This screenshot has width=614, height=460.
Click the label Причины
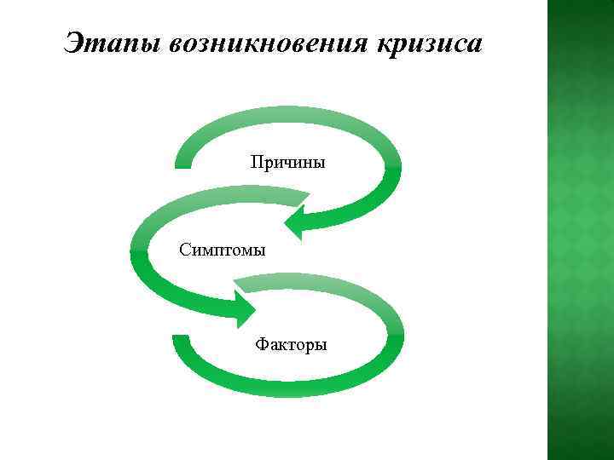[287, 161]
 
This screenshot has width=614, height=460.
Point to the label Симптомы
[223, 250]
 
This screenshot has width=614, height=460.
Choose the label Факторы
[291, 345]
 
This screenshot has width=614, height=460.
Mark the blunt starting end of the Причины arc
[182, 162]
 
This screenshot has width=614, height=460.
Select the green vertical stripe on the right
[580, 230]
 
